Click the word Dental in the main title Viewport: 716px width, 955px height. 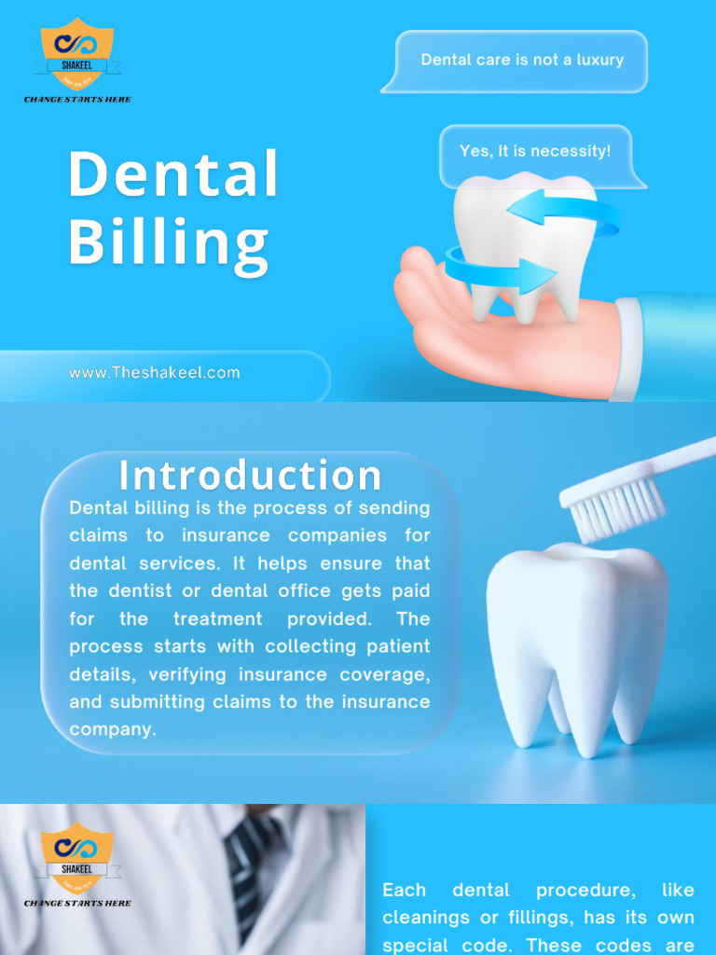pyautogui.click(x=173, y=174)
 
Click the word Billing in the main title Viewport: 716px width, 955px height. pyautogui.click(x=169, y=242)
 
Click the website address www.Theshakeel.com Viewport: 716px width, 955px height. pyautogui.click(x=155, y=373)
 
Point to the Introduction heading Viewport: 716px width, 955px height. pyautogui.click(x=250, y=476)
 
